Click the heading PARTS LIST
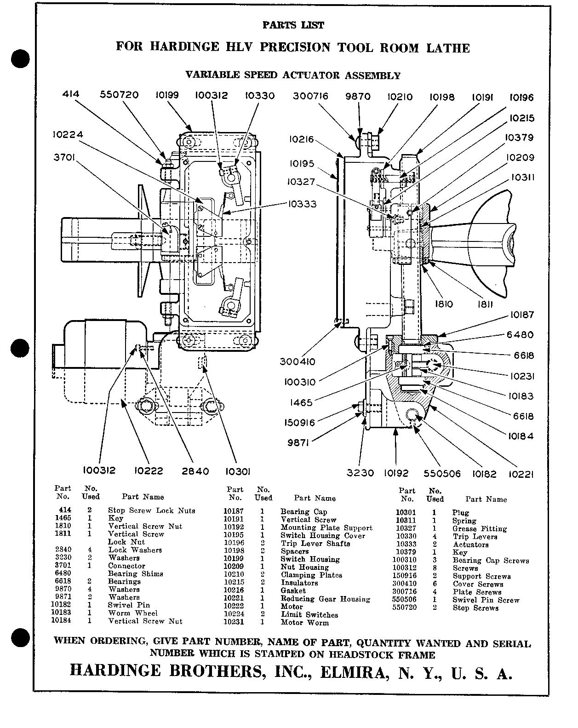coord(293,25)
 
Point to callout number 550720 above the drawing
coord(119,95)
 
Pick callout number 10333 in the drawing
coord(303,204)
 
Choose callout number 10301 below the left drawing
coord(238,471)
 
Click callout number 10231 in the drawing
coord(521,376)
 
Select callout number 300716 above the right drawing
coord(311,96)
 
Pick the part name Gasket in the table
coord(293,591)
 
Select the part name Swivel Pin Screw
coord(486,600)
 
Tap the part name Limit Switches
coord(309,615)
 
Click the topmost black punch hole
coord(21,59)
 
